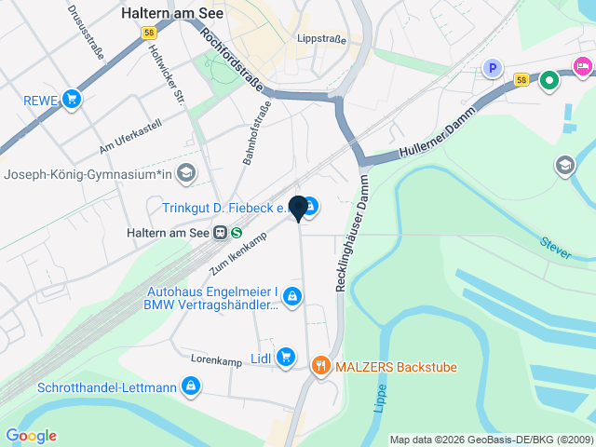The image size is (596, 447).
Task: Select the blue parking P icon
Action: pyautogui.click(x=493, y=68)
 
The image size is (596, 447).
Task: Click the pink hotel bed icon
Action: pyautogui.click(x=583, y=65)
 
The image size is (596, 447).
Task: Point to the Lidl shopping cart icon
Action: pyautogui.click(x=285, y=356)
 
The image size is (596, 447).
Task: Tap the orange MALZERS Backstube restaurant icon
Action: pyautogui.click(x=321, y=366)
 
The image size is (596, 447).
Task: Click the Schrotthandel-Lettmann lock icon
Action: pyautogui.click(x=191, y=386)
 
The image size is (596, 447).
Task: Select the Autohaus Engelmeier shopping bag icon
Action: pyautogui.click(x=293, y=297)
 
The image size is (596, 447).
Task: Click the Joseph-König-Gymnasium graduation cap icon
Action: pyautogui.click(x=186, y=173)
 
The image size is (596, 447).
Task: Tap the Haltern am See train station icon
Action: pyautogui.click(x=221, y=233)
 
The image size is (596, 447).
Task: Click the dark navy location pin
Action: pyautogui.click(x=299, y=208)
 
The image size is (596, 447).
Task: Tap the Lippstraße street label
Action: pyautogui.click(x=320, y=39)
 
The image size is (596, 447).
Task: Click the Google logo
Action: pyautogui.click(x=31, y=436)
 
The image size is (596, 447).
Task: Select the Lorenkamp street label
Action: pyautogui.click(x=216, y=358)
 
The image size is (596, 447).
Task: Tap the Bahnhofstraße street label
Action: pyautogui.click(x=257, y=136)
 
